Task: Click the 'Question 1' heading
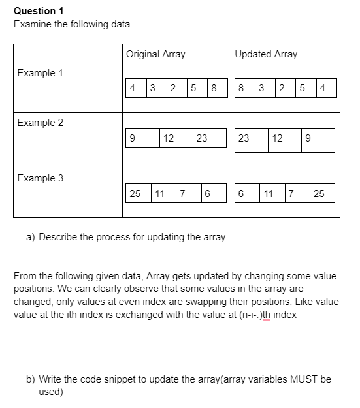(x=35, y=10)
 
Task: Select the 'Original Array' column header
(x=155, y=54)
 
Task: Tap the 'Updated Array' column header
(x=266, y=54)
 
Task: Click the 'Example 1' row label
(x=41, y=73)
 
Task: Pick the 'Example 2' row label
(x=41, y=123)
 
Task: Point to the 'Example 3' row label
(x=41, y=178)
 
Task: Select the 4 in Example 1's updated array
(x=323, y=88)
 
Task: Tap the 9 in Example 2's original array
(x=133, y=138)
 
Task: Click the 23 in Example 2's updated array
(x=244, y=138)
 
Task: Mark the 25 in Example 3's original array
(x=135, y=193)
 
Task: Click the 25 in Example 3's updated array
(x=319, y=193)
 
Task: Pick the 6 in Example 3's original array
(x=206, y=193)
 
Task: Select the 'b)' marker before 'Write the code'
(x=31, y=379)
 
